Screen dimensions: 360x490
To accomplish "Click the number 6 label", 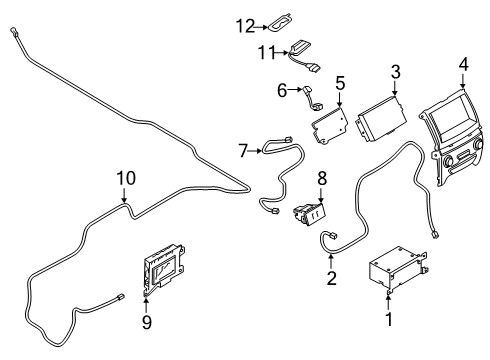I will [282, 90].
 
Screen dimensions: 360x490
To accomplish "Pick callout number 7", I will [243, 150].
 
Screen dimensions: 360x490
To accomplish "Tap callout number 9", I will [146, 321].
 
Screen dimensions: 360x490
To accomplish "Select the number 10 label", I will [124, 178].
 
